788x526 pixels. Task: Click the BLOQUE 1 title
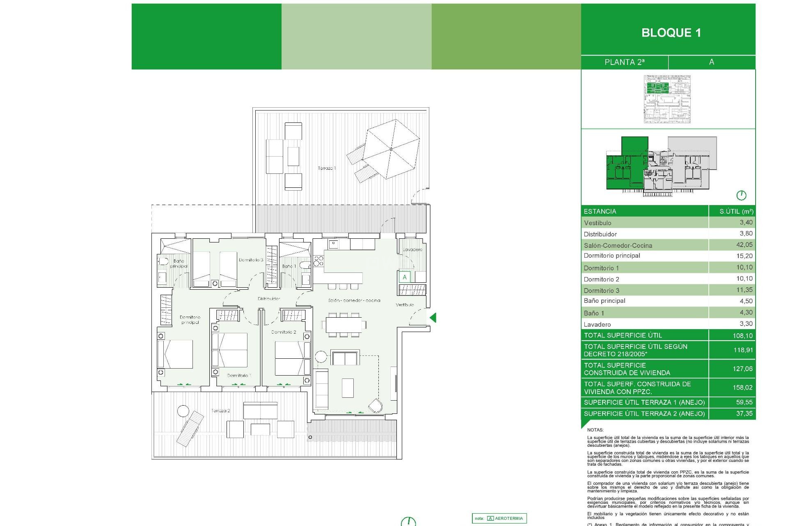tap(671, 33)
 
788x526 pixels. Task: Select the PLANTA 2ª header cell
tap(624, 62)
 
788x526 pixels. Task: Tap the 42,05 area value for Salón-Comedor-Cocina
tap(744, 245)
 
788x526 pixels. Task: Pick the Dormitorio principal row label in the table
tap(612, 256)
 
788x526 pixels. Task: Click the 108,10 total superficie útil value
tap(742, 336)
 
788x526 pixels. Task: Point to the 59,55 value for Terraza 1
tap(744, 402)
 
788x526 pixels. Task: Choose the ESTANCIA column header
tap(600, 211)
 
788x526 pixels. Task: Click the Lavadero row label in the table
tap(597, 324)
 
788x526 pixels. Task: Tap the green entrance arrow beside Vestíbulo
tap(433, 317)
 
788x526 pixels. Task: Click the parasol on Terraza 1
tap(391, 149)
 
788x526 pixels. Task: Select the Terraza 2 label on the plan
tap(220, 411)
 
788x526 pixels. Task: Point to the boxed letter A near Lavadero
tap(405, 277)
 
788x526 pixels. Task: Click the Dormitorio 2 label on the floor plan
tap(284, 332)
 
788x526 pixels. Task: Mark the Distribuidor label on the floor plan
tap(269, 299)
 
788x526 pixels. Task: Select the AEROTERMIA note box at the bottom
tap(499, 518)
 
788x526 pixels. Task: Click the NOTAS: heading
tap(595, 430)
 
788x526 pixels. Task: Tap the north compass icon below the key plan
tap(741, 195)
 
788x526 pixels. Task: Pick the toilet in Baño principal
tap(163, 261)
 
